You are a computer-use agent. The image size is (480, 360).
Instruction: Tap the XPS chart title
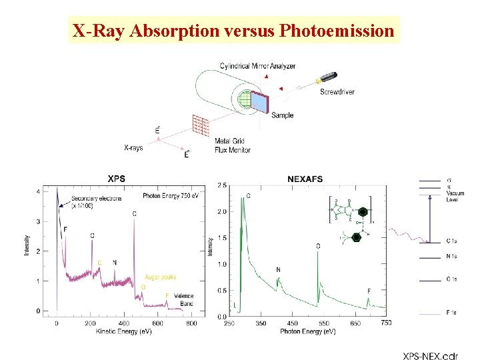(117, 179)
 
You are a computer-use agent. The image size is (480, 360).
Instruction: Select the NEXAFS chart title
(305, 179)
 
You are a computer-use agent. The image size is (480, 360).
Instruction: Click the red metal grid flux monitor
(201, 125)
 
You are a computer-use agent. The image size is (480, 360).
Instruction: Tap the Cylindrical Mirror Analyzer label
(257, 66)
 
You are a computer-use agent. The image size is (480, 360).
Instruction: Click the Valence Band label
(184, 299)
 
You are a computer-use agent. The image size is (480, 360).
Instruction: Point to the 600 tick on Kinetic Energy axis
(157, 323)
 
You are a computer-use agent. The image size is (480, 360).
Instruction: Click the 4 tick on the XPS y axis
(38, 192)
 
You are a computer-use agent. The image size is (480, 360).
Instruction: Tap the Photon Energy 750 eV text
(170, 196)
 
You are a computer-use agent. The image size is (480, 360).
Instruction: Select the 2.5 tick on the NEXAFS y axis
(222, 185)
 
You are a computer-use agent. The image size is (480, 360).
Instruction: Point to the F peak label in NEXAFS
(369, 291)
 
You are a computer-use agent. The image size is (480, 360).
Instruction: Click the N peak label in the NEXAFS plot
(278, 270)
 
